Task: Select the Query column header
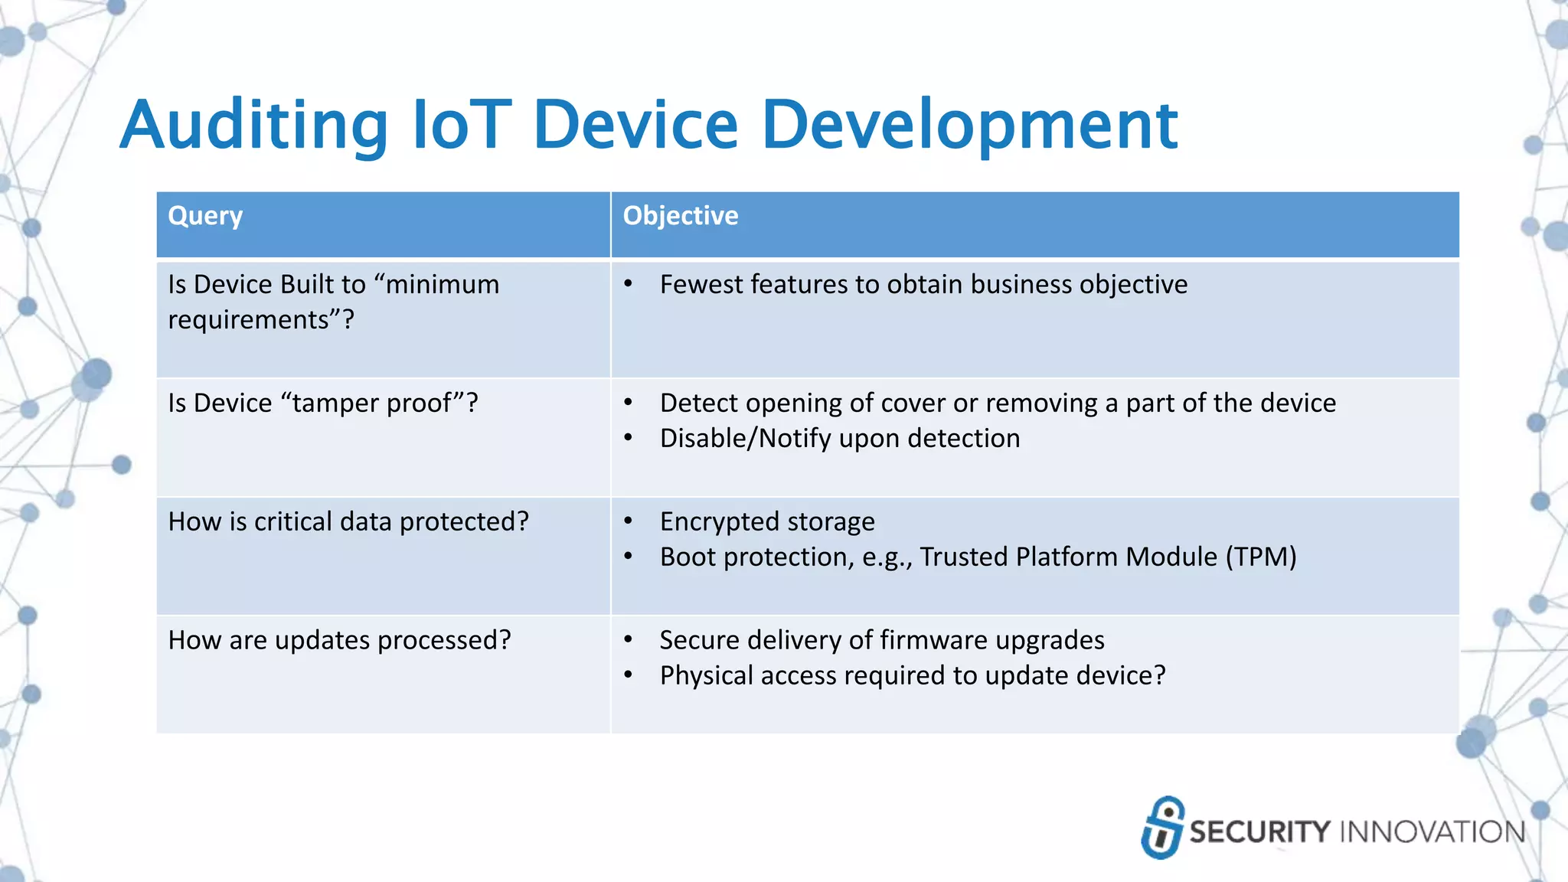[205, 216]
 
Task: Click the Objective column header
[680, 216]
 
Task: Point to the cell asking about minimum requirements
[333, 302]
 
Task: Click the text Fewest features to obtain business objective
[923, 285]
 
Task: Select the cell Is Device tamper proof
[322, 403]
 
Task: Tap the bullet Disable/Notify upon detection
[839, 439]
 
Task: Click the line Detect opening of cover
[997, 403]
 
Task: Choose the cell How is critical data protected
[348, 522]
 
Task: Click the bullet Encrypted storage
[766, 522]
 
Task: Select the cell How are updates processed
[339, 641]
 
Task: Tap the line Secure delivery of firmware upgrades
[881, 641]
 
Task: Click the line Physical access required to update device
[912, 676]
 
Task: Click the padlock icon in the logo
[1162, 828]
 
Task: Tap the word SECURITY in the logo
[1259, 832]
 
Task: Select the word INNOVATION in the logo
[1431, 832]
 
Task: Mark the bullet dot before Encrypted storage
[628, 521]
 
